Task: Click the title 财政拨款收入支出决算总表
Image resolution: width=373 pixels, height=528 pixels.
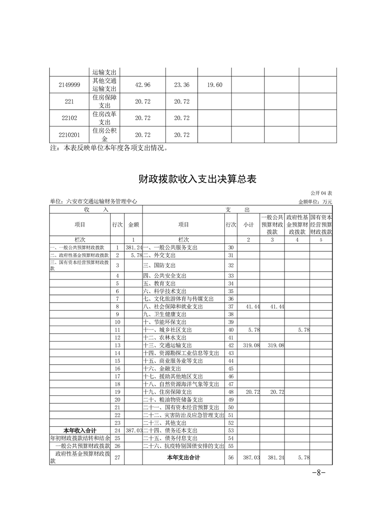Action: point(198,179)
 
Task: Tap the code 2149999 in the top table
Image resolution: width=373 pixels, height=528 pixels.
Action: point(69,85)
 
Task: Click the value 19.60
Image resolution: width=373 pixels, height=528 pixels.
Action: point(214,85)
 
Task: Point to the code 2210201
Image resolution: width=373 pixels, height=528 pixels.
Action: point(69,135)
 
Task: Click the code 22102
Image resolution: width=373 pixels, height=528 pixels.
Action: point(69,118)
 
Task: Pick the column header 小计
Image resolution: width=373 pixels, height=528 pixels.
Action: point(248,225)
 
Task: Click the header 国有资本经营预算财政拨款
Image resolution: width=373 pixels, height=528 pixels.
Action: point(321,225)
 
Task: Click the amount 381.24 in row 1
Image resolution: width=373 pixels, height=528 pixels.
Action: point(134,248)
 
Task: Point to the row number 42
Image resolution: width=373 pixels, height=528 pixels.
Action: point(230,345)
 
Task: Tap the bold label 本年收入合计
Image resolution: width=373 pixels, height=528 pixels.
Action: point(80,430)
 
